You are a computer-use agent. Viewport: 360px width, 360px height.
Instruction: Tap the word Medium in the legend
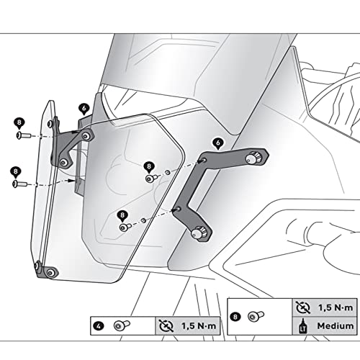pos(334,325)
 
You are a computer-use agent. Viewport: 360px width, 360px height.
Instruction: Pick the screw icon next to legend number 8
pos(255,315)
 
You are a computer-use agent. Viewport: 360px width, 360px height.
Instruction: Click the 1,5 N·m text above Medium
pos(334,306)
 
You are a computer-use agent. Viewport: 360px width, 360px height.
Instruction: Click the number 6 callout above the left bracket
pos(84,107)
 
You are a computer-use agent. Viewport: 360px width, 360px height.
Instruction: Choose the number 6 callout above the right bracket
pos(218,142)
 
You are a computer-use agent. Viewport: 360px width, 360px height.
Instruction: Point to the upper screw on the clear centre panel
pos(150,177)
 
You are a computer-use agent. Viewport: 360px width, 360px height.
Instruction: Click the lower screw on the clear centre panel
pos(124,227)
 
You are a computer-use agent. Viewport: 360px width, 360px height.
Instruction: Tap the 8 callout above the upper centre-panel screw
pos(148,166)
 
